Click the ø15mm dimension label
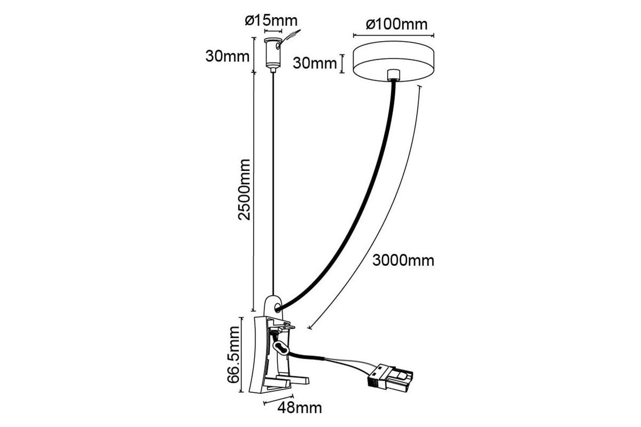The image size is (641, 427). point(271,21)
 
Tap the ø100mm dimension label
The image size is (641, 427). point(396,25)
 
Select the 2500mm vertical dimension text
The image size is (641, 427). point(244,189)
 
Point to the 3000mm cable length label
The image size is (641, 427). point(403,260)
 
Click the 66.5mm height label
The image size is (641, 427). point(233,354)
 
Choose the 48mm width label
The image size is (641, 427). point(300,408)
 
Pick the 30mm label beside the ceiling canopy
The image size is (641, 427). point(315,63)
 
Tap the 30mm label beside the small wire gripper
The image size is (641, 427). point(228,57)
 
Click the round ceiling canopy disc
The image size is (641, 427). point(394,61)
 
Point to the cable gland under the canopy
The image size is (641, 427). point(394,75)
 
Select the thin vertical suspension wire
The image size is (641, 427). point(273,183)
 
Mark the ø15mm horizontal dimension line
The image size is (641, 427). point(273,31)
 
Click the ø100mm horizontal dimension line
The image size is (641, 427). point(394,35)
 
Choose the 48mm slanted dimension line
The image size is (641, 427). point(278,400)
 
